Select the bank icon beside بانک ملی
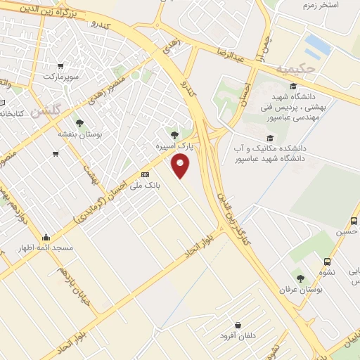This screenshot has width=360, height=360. coord(145,174)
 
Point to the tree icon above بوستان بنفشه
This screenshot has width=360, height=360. coord(79,122)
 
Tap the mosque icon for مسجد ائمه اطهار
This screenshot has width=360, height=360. coord(46,237)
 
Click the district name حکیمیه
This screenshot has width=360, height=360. coord(292,69)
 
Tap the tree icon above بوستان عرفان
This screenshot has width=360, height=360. coord(300,278)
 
